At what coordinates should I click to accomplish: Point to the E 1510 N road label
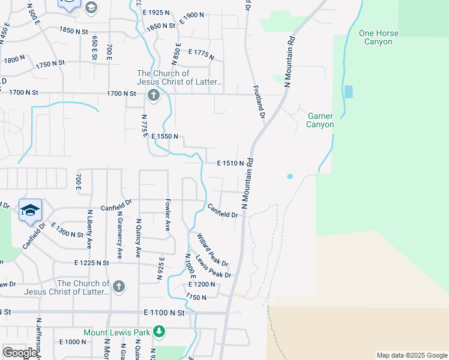[231, 163]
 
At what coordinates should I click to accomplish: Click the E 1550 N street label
[164, 137]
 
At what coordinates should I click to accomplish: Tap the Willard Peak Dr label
[212, 250]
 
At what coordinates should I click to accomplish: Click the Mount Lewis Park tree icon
[158, 331]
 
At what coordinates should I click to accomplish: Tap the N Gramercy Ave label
[119, 235]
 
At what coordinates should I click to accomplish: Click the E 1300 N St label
[67, 230]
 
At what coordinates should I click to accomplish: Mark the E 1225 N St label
[91, 263]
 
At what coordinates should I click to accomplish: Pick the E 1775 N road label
[201, 55]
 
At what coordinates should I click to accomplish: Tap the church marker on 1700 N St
[154, 95]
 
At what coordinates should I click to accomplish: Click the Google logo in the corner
[20, 353]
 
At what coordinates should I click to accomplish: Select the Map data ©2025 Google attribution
[411, 355]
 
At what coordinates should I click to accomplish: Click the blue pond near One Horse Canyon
[349, 92]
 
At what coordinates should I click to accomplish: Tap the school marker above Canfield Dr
[31, 210]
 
